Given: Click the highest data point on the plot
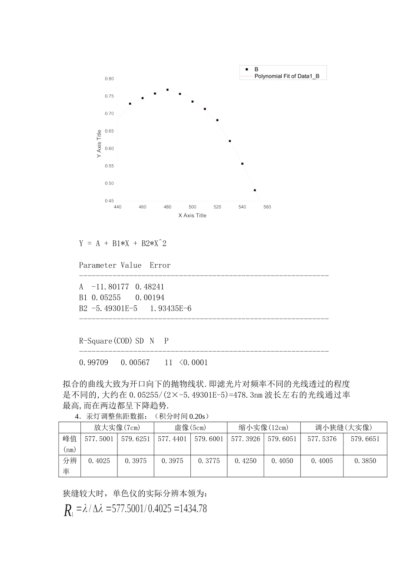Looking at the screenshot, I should [167, 90].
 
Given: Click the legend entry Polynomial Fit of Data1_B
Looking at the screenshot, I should [287, 76].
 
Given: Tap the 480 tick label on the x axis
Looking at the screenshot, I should [167, 207].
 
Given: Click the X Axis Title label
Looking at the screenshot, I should [192, 216].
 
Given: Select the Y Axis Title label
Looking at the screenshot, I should [99, 144].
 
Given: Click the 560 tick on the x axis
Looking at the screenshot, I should [267, 207].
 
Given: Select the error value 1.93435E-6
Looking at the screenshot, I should [170, 309].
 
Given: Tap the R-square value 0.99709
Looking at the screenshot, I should [93, 362].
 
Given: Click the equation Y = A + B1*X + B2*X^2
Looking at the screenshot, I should [123, 243].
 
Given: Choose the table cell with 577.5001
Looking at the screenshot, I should [99, 439].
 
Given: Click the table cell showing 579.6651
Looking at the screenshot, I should [365, 439].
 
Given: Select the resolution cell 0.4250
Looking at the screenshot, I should [246, 461].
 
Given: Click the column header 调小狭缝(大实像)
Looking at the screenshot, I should [343, 428].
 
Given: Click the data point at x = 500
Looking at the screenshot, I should [193, 102].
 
